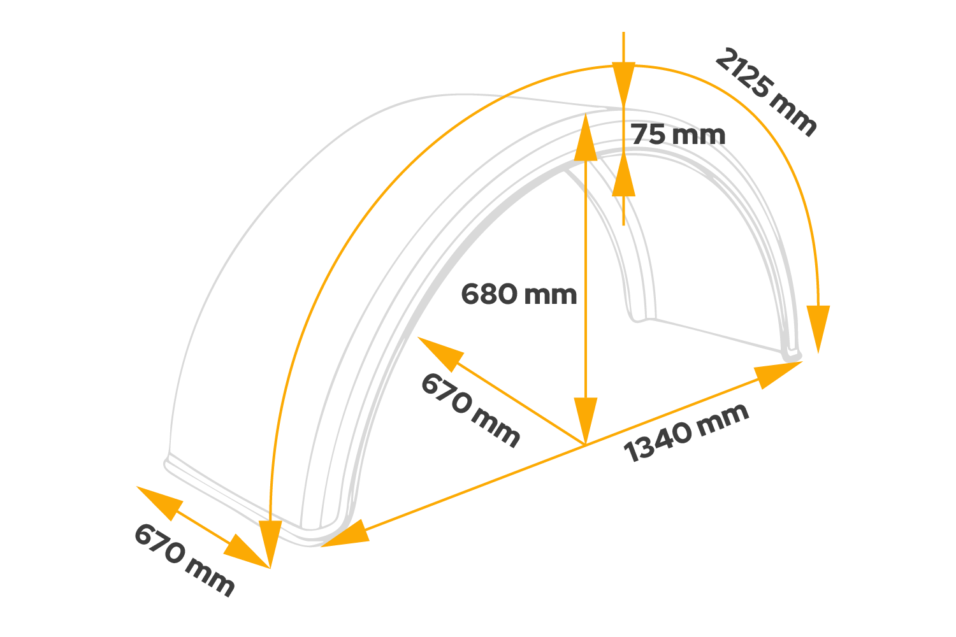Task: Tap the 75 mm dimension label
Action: coord(678,134)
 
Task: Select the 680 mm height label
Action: coord(519,294)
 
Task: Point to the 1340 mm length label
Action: coord(686,433)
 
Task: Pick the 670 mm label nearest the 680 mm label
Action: coord(470,410)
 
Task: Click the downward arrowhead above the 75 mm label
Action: coord(624,83)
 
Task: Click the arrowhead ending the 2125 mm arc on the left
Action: coord(271,541)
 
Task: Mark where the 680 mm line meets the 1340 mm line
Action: coord(585,444)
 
